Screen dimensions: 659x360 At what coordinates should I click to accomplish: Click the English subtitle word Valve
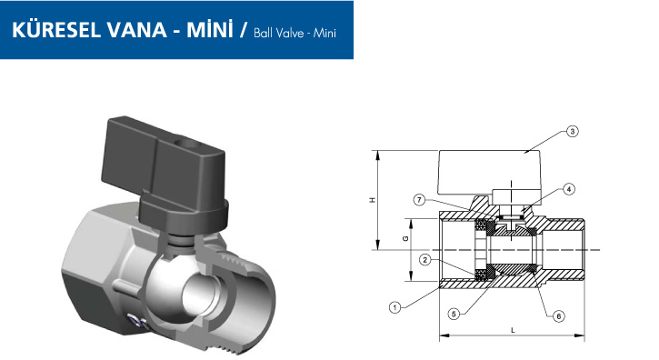coord(289,33)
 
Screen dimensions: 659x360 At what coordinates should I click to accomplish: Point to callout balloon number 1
coord(394,307)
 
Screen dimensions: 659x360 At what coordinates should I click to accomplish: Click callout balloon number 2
coord(425,260)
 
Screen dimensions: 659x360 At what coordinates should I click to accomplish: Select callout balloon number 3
coord(572,132)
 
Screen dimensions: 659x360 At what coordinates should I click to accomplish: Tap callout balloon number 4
coord(569,189)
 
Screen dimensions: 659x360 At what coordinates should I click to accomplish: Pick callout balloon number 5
coord(454,314)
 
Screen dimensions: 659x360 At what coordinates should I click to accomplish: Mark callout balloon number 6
coord(558,315)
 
